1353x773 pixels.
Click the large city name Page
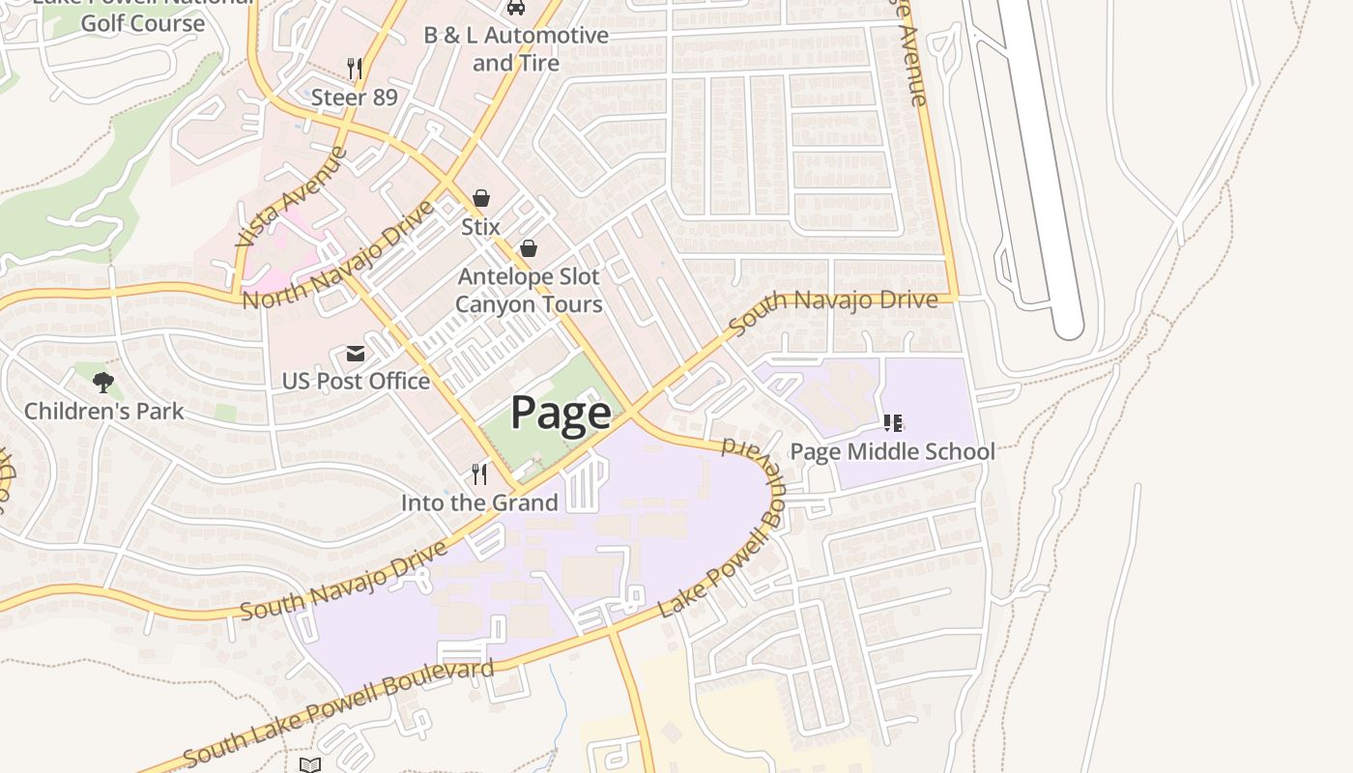pos(561,413)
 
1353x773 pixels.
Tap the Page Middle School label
pos(892,451)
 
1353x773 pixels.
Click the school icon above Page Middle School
pos(893,423)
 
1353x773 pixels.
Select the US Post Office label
pos(356,381)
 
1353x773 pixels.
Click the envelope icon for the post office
pos(356,354)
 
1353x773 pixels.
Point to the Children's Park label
pos(103,411)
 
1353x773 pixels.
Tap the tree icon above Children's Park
pos(103,383)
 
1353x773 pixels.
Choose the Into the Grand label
pos(479,502)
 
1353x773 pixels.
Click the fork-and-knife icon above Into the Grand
pos(479,473)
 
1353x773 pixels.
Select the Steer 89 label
pos(354,98)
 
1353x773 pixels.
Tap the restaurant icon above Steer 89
pos(355,68)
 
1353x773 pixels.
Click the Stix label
pos(480,227)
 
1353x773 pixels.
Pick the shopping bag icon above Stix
pos(481,199)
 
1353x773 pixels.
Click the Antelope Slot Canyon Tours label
pos(529,290)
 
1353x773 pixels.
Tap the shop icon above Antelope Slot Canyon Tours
pos(529,249)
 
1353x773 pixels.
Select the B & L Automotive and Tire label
pos(516,48)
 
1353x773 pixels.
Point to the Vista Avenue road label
pos(291,197)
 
